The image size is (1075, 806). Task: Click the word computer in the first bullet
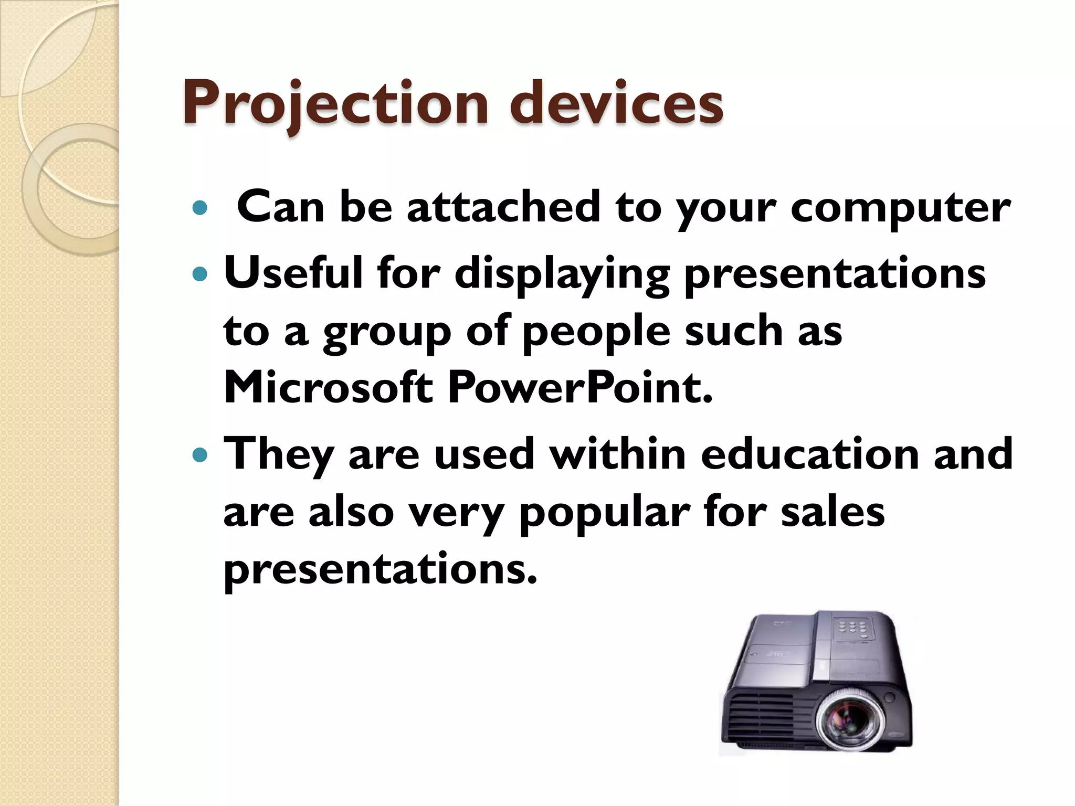[x=900, y=208]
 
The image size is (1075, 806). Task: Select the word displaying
[x=562, y=275]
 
